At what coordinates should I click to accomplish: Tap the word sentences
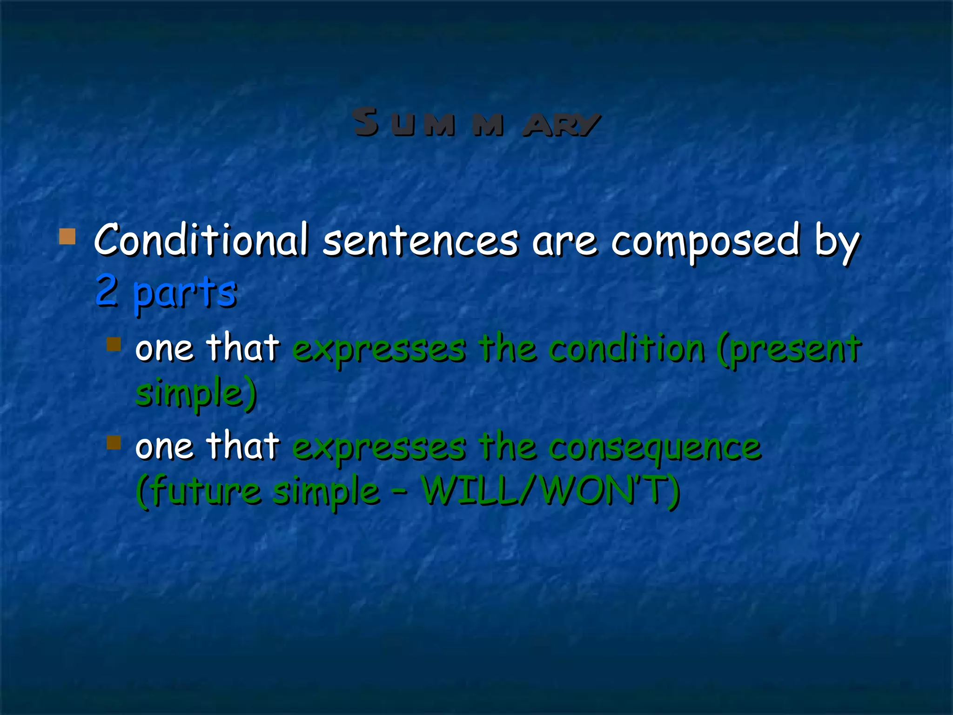pos(420,241)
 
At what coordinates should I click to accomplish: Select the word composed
pos(705,241)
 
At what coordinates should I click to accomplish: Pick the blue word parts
pos(185,293)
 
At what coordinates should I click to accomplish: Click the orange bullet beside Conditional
pos(67,236)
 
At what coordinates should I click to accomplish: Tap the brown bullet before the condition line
pos(114,344)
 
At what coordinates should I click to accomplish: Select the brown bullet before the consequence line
pos(114,442)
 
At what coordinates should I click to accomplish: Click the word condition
pos(626,349)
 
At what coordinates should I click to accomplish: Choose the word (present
pos(789,350)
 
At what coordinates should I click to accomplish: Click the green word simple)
pos(196,394)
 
